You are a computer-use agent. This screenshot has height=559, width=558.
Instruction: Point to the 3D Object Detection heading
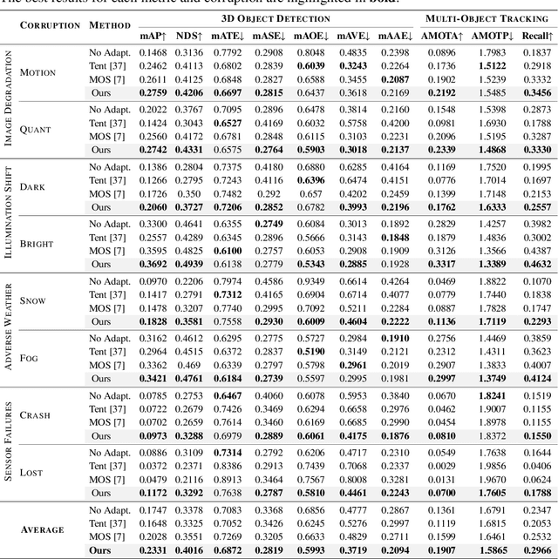click(270, 17)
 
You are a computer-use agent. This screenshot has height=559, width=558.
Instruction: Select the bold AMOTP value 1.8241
click(492, 394)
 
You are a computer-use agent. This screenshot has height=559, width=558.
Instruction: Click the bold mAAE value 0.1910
click(394, 337)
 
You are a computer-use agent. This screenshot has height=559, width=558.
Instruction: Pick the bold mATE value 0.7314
click(229, 452)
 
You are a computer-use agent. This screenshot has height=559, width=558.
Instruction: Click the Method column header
click(109, 24)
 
